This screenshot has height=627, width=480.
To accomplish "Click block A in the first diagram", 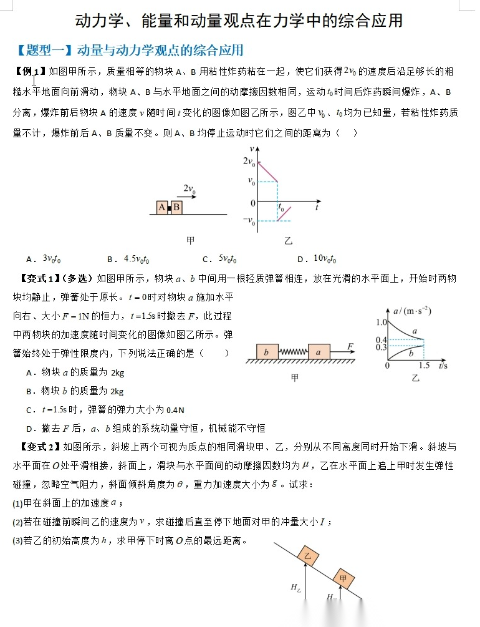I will (161, 207).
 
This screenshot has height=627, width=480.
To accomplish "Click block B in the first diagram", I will (176, 207).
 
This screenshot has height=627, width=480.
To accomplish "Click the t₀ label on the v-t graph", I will (281, 209).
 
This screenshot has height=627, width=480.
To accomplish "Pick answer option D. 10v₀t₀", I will (318, 260).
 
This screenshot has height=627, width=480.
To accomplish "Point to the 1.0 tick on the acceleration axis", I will (382, 322).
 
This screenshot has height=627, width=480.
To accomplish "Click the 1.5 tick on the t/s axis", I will (425, 366).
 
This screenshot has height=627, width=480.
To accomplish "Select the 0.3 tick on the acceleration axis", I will (382, 347).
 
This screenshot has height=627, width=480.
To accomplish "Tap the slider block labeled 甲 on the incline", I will (343, 578).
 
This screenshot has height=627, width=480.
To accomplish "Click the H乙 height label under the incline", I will (295, 587).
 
